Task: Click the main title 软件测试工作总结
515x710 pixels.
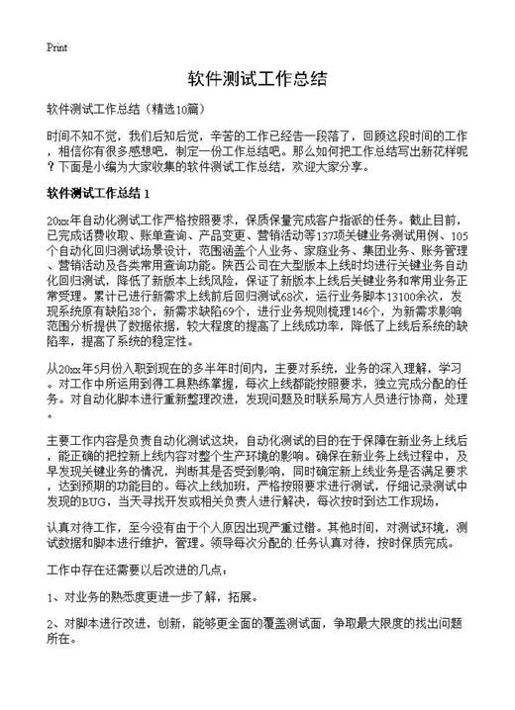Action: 257,78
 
